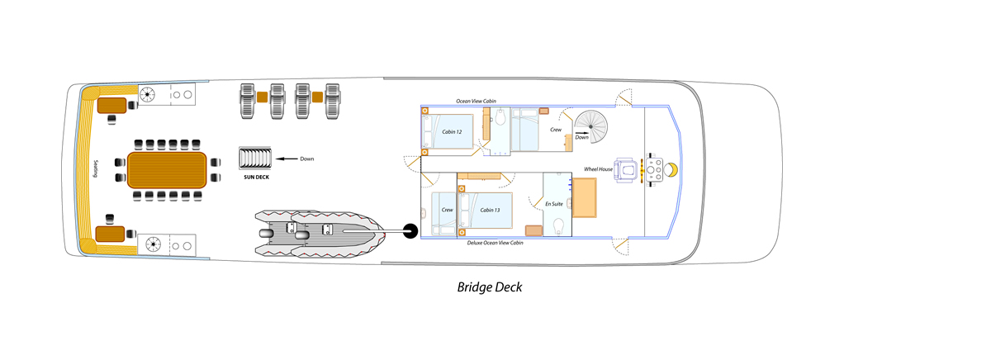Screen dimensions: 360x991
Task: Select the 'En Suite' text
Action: (554, 202)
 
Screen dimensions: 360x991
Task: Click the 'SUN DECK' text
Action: (256, 177)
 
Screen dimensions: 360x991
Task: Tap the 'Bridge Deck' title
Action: (490, 287)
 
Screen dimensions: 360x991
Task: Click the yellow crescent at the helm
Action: (672, 170)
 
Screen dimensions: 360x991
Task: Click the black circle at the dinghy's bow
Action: (410, 231)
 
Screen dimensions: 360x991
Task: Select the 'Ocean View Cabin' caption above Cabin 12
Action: (477, 101)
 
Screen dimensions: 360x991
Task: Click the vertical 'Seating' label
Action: (97, 168)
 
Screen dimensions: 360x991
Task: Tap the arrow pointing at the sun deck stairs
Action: (287, 158)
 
